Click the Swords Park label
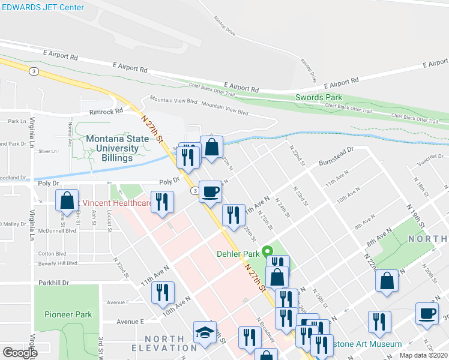(319, 97)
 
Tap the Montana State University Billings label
(109, 148)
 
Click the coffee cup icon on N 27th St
(209, 192)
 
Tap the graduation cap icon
(205, 332)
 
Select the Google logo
(20, 353)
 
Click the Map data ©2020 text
(423, 355)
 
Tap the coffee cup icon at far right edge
(427, 313)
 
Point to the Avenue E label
(131, 322)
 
